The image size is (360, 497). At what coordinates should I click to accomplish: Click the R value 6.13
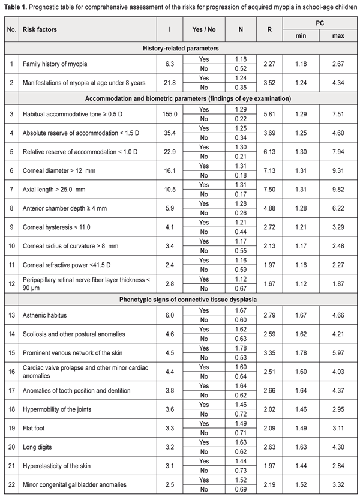(x=270, y=152)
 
